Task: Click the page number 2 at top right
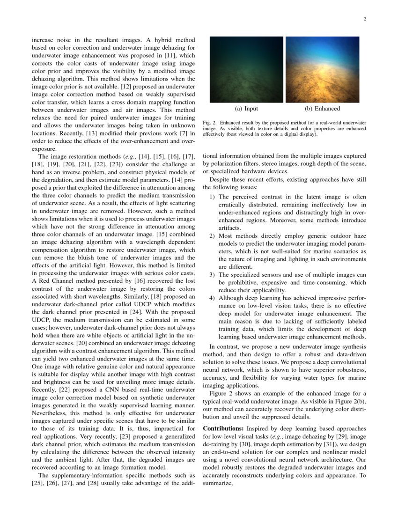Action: [x=364, y=19]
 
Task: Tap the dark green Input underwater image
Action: [x=246, y=69]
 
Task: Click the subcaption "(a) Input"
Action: [x=246, y=109]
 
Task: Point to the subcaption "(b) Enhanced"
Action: [x=322, y=109]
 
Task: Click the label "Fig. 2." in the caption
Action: [x=209, y=123]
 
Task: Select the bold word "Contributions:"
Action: [x=223, y=429]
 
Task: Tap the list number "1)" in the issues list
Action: [x=212, y=198]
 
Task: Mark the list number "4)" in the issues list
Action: [x=212, y=298]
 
